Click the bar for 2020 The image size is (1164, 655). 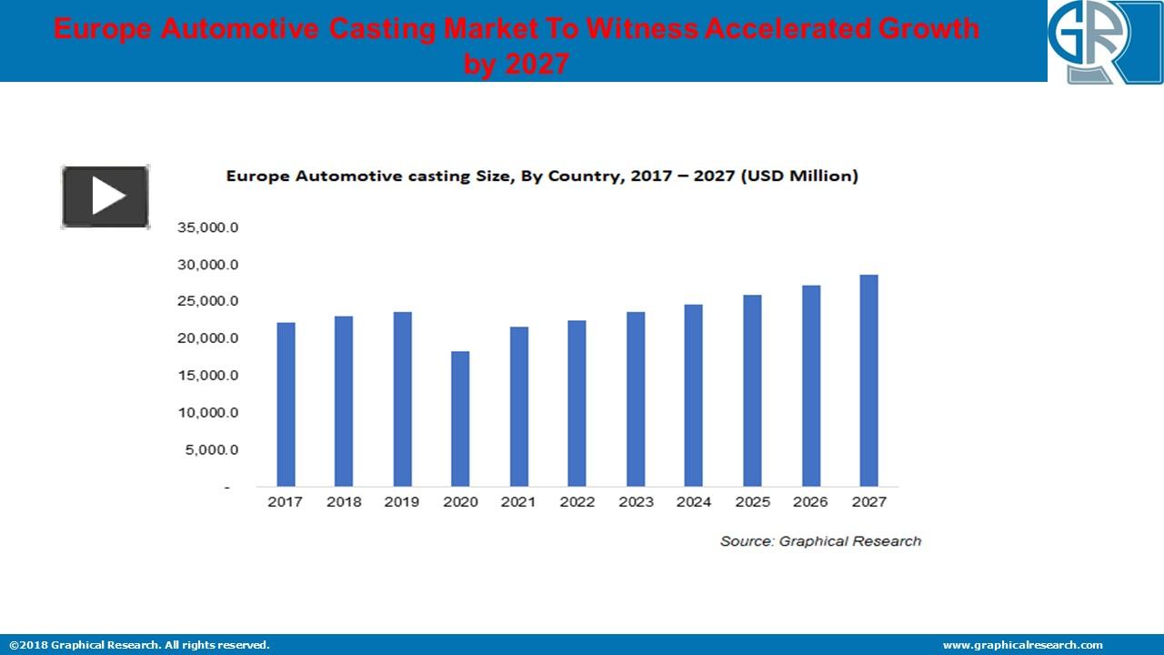point(460,418)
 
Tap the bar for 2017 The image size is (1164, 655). point(286,404)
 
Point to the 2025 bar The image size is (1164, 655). point(752,390)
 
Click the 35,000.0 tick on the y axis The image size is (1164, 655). point(207,227)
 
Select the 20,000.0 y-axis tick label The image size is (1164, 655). point(207,338)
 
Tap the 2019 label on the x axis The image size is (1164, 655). point(402,502)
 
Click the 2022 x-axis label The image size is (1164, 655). point(577,502)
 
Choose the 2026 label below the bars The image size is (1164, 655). point(810,502)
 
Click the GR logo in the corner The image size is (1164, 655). point(1105,42)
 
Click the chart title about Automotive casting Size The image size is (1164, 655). point(542,176)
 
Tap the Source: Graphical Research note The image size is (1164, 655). point(820,541)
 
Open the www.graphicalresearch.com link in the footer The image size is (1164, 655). point(1022,645)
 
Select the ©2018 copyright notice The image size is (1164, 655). point(140,645)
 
